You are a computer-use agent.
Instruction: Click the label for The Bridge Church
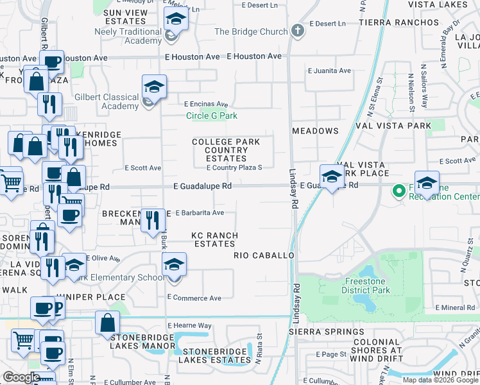coord(251,31)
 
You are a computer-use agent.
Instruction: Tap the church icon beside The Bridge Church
coord(296,30)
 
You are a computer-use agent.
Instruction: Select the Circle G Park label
coord(212,116)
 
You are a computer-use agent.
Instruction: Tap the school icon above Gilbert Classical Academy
coord(154,87)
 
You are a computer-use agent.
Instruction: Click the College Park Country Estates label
coord(226,150)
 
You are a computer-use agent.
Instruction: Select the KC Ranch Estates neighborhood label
coord(214,239)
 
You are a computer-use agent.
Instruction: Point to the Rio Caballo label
coord(263,255)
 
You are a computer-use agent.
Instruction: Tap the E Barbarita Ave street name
coord(199,212)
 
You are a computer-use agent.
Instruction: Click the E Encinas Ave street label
coord(206,104)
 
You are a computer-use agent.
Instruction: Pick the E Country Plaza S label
coord(234,167)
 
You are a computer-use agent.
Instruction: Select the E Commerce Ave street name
coord(194,298)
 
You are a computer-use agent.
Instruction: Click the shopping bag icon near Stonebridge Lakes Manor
coord(107,323)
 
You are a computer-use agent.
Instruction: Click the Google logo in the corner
coord(21,377)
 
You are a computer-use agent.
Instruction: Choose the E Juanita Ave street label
coord(329,71)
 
